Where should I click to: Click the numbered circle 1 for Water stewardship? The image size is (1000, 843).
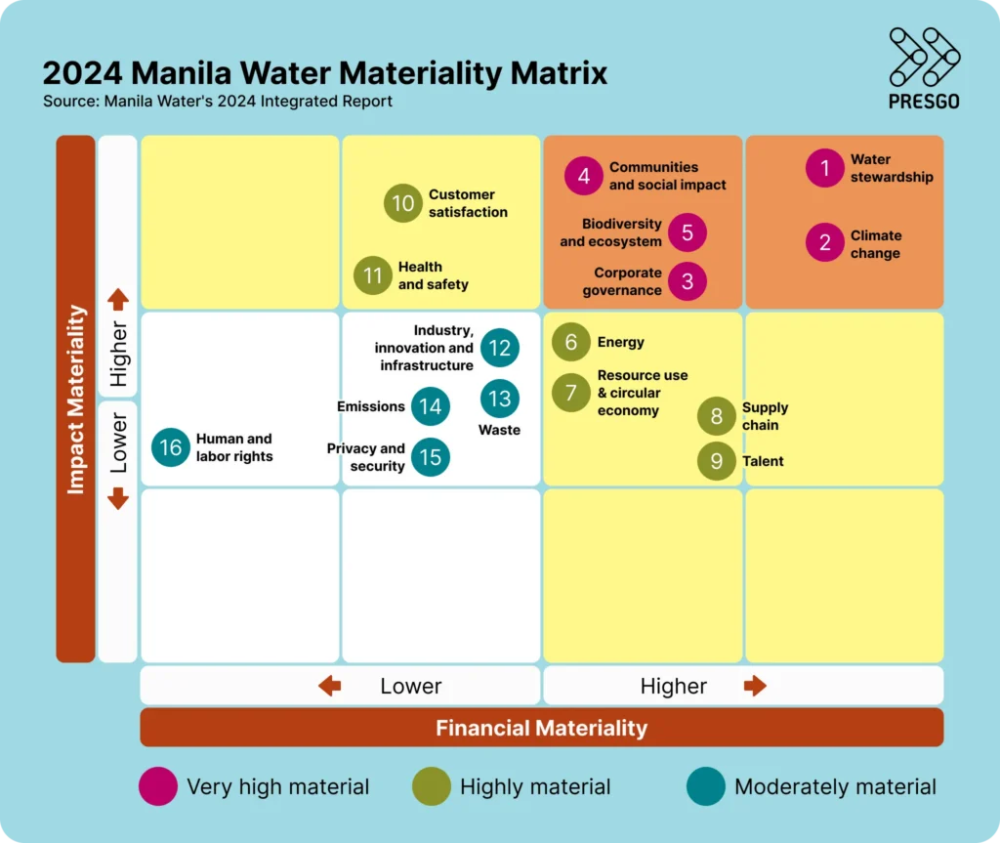pos(825,168)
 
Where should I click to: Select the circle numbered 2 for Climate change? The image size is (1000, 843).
pos(825,243)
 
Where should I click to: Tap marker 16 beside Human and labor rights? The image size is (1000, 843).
pos(171,447)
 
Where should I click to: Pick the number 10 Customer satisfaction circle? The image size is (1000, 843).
pos(403,203)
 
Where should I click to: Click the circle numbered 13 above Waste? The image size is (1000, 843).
pos(500,399)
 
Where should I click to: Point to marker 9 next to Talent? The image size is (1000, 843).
pos(717,461)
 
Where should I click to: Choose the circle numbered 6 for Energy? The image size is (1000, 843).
pos(571,342)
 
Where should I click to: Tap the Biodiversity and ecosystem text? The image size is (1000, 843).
pos(611,232)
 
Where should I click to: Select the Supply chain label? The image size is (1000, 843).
pos(765,416)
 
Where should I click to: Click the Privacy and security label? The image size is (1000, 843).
pos(366,457)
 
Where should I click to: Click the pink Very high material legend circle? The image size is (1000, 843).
pos(158,786)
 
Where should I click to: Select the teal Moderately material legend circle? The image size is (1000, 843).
pos(706,786)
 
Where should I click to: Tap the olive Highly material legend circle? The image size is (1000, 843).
pos(432,786)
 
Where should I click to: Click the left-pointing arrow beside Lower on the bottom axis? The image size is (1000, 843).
pos(330,687)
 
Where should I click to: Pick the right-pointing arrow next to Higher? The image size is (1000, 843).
pos(755,686)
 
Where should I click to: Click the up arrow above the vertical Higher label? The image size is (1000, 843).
pos(118,299)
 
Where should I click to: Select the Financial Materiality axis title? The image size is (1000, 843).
pos(541,728)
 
